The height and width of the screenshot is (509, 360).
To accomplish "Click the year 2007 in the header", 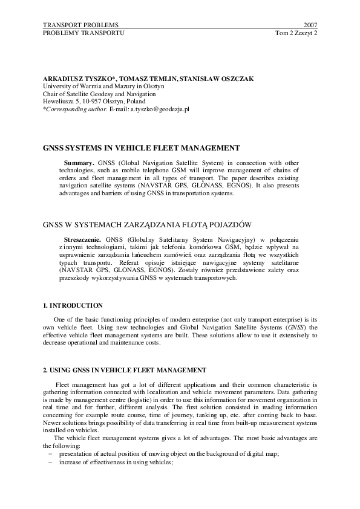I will pos(310,25).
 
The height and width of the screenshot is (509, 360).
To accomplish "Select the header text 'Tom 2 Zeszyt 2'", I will pos(296,33).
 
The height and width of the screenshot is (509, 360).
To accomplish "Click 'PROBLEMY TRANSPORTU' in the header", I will pos(83,33).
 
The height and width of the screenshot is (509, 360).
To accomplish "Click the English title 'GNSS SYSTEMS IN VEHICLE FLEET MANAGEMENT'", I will pos(142,147).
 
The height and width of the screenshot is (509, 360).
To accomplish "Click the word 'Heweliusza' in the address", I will pos(59,101).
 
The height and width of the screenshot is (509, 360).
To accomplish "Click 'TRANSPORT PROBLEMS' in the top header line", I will pos(81,25).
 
